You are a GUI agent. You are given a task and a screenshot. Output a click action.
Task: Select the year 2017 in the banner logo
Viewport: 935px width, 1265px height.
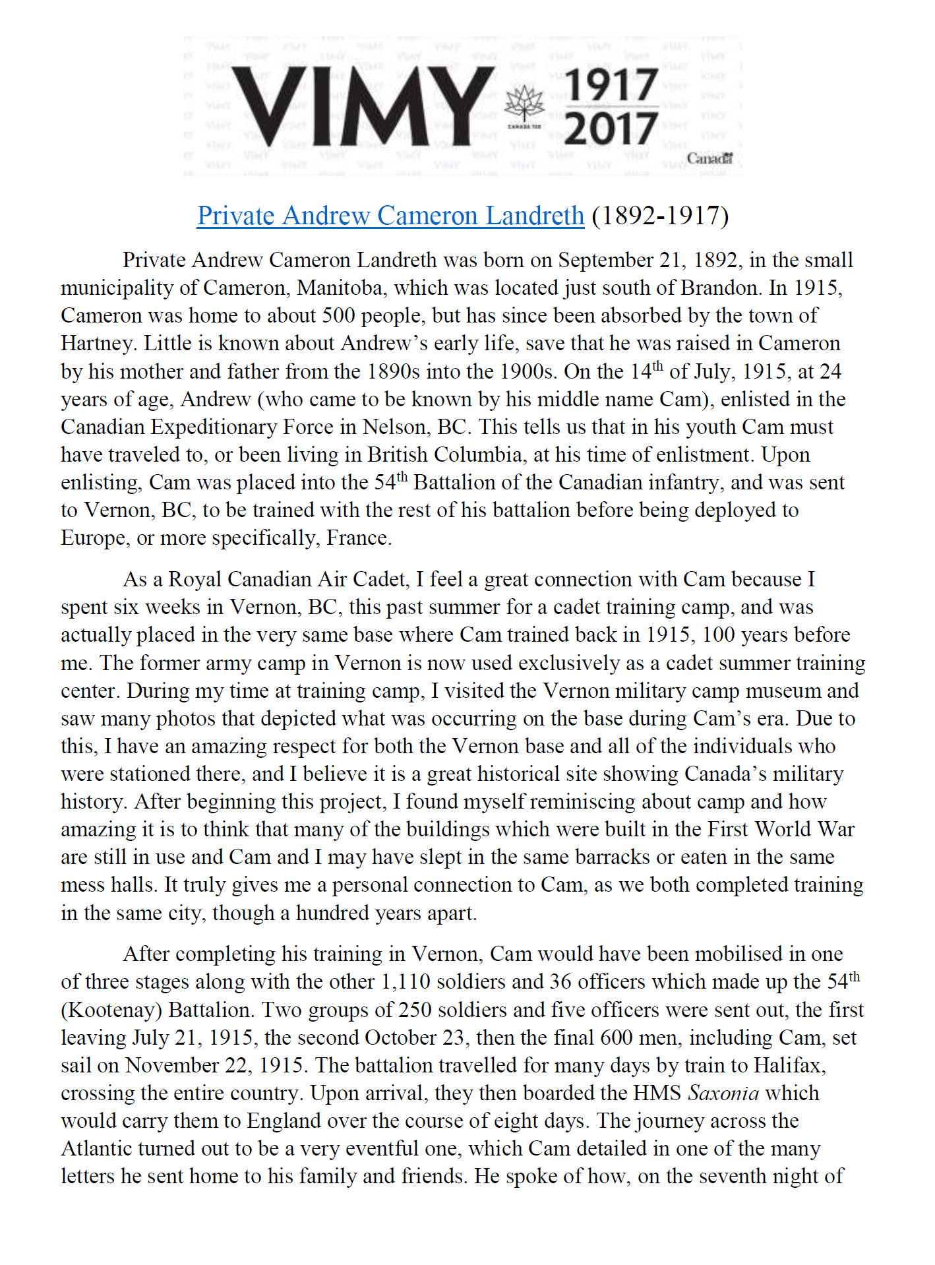pos(611,128)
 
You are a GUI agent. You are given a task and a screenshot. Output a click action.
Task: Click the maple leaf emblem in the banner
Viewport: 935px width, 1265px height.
pos(524,106)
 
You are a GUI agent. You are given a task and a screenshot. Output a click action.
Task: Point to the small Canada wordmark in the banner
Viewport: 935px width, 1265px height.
pos(709,158)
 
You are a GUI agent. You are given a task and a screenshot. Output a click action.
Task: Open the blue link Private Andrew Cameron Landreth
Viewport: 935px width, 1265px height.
pos(390,216)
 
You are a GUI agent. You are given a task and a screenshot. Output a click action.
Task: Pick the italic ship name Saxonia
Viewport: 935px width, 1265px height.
pos(723,1093)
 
